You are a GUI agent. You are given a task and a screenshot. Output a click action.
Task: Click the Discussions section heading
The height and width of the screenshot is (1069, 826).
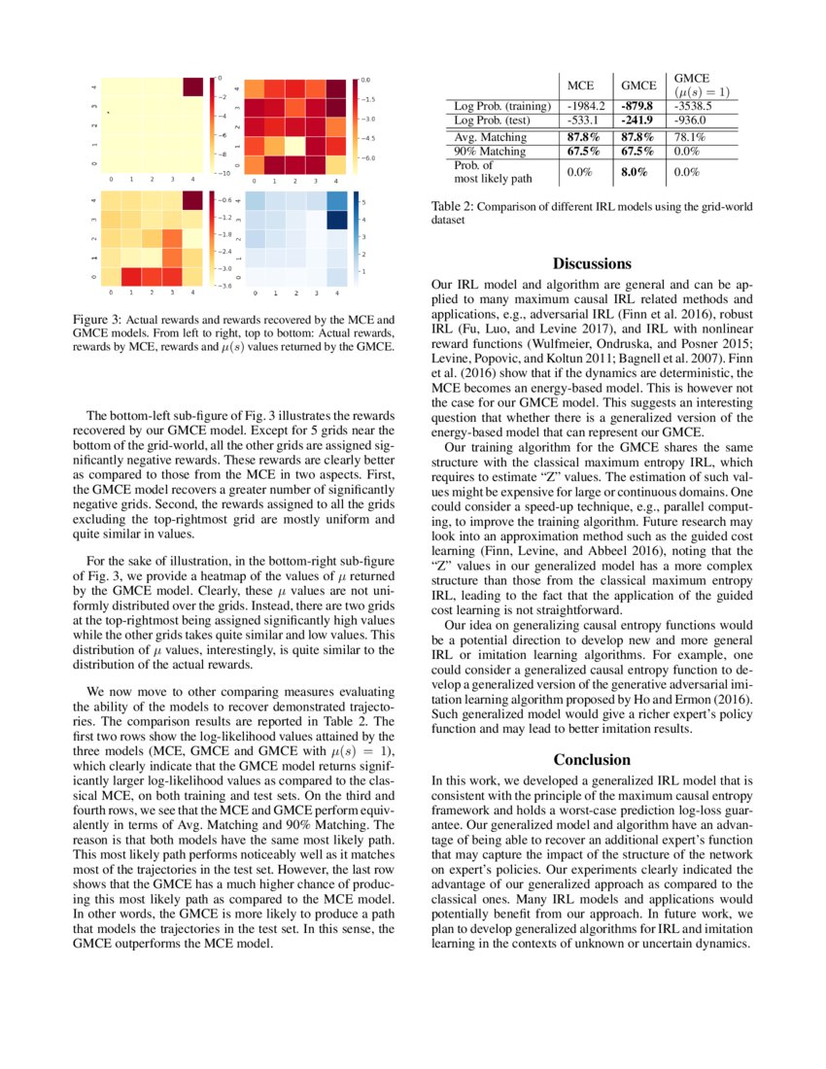pyautogui.click(x=592, y=263)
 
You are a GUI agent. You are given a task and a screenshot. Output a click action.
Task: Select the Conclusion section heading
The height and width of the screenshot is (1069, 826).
pyautogui.click(x=592, y=759)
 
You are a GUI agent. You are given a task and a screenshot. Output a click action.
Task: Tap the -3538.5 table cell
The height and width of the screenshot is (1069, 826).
pyautogui.click(x=695, y=105)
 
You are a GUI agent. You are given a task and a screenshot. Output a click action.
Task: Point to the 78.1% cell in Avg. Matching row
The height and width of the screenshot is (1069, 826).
pyautogui.click(x=689, y=137)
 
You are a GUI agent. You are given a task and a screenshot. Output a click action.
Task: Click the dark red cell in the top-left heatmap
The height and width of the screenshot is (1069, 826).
pyautogui.click(x=193, y=86)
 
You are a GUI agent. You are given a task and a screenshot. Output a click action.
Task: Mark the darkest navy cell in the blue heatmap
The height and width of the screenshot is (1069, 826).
pyautogui.click(x=336, y=220)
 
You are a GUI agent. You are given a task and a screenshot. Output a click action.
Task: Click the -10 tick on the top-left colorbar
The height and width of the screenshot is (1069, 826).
pyautogui.click(x=223, y=173)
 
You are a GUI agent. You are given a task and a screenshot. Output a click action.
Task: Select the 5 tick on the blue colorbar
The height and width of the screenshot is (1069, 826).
pyautogui.click(x=364, y=200)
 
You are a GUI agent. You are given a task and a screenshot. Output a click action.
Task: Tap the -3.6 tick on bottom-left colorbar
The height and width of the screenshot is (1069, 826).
pyautogui.click(x=224, y=286)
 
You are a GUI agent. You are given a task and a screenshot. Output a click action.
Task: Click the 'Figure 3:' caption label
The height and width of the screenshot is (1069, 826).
pyautogui.click(x=98, y=320)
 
